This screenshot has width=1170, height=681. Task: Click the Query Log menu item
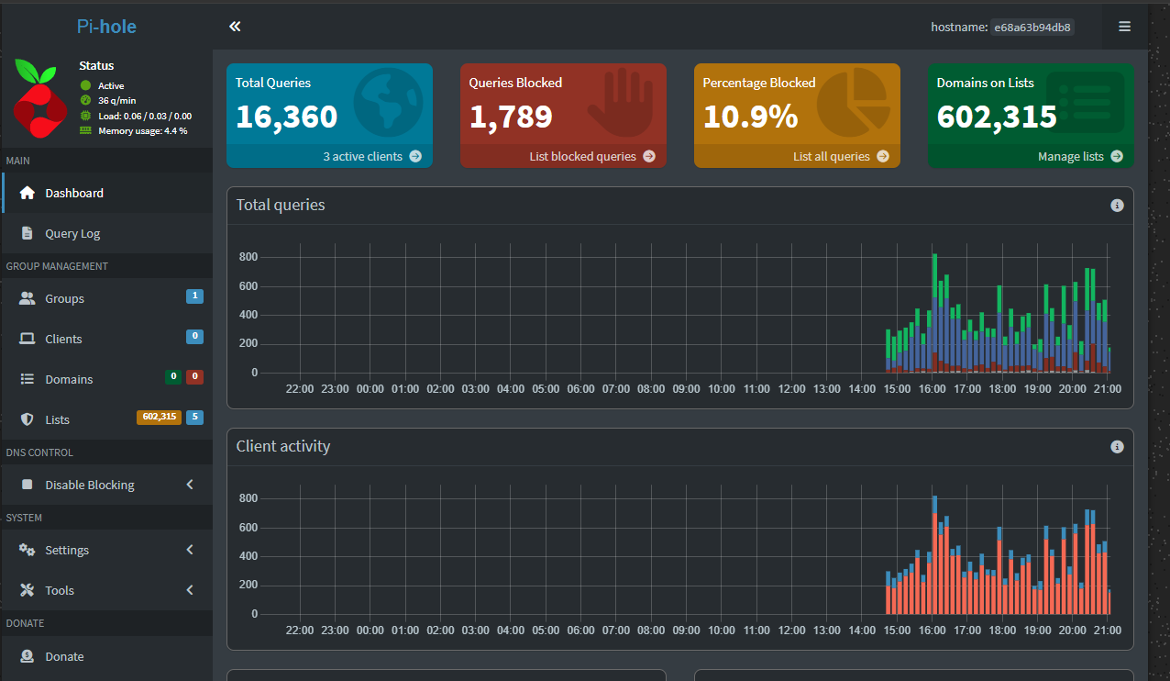[x=72, y=234]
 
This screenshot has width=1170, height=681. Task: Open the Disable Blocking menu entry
[x=89, y=485]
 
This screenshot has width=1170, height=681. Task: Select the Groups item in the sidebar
[x=64, y=298]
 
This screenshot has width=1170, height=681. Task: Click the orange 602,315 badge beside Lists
[x=159, y=417]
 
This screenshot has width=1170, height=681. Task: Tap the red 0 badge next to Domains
[x=194, y=376]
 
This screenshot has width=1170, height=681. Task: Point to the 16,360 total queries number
[x=287, y=117]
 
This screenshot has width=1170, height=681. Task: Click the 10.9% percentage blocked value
[x=751, y=117]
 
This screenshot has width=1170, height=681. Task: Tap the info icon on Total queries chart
[x=1117, y=206]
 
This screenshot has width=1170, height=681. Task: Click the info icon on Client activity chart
[x=1117, y=447]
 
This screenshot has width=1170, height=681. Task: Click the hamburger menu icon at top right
[x=1124, y=26]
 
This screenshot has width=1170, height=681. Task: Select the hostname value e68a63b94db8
[x=1032, y=28]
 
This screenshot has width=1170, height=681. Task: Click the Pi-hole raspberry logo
[x=39, y=98]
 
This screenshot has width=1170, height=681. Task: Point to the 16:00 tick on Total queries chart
[x=933, y=389]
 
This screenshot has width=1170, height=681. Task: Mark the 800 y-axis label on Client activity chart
[x=248, y=498]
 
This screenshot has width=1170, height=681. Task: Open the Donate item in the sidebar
[x=64, y=656]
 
